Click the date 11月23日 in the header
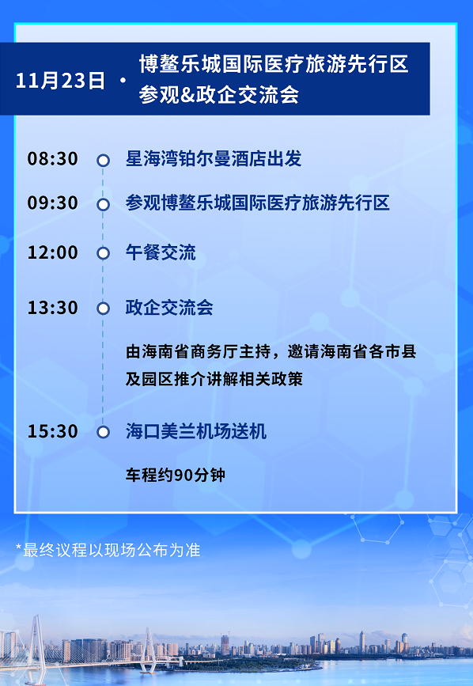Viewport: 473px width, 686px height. point(60,81)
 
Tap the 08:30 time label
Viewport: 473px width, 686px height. point(53,158)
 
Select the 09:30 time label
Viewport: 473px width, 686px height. point(53,203)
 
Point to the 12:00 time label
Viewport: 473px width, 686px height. point(53,252)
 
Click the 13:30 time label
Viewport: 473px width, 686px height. point(53,308)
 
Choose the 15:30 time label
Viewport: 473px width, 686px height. point(53,431)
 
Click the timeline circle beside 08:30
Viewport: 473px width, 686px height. point(103,160)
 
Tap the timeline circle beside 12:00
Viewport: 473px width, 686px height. point(103,253)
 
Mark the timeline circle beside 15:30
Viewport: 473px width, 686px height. point(103,432)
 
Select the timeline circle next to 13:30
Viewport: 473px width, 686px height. point(103,308)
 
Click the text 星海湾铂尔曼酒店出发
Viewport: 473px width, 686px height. point(214,158)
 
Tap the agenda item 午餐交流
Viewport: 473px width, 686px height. point(161,252)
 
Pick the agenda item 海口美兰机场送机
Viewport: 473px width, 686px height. point(196,431)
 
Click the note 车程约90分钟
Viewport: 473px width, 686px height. point(176,475)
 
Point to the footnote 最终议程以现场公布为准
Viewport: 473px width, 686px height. point(108,550)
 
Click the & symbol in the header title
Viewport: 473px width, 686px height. point(188,94)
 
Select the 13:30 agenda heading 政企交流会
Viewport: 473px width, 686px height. point(169,308)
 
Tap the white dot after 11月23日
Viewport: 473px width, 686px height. point(123,81)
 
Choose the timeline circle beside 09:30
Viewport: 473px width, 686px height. point(103,204)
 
